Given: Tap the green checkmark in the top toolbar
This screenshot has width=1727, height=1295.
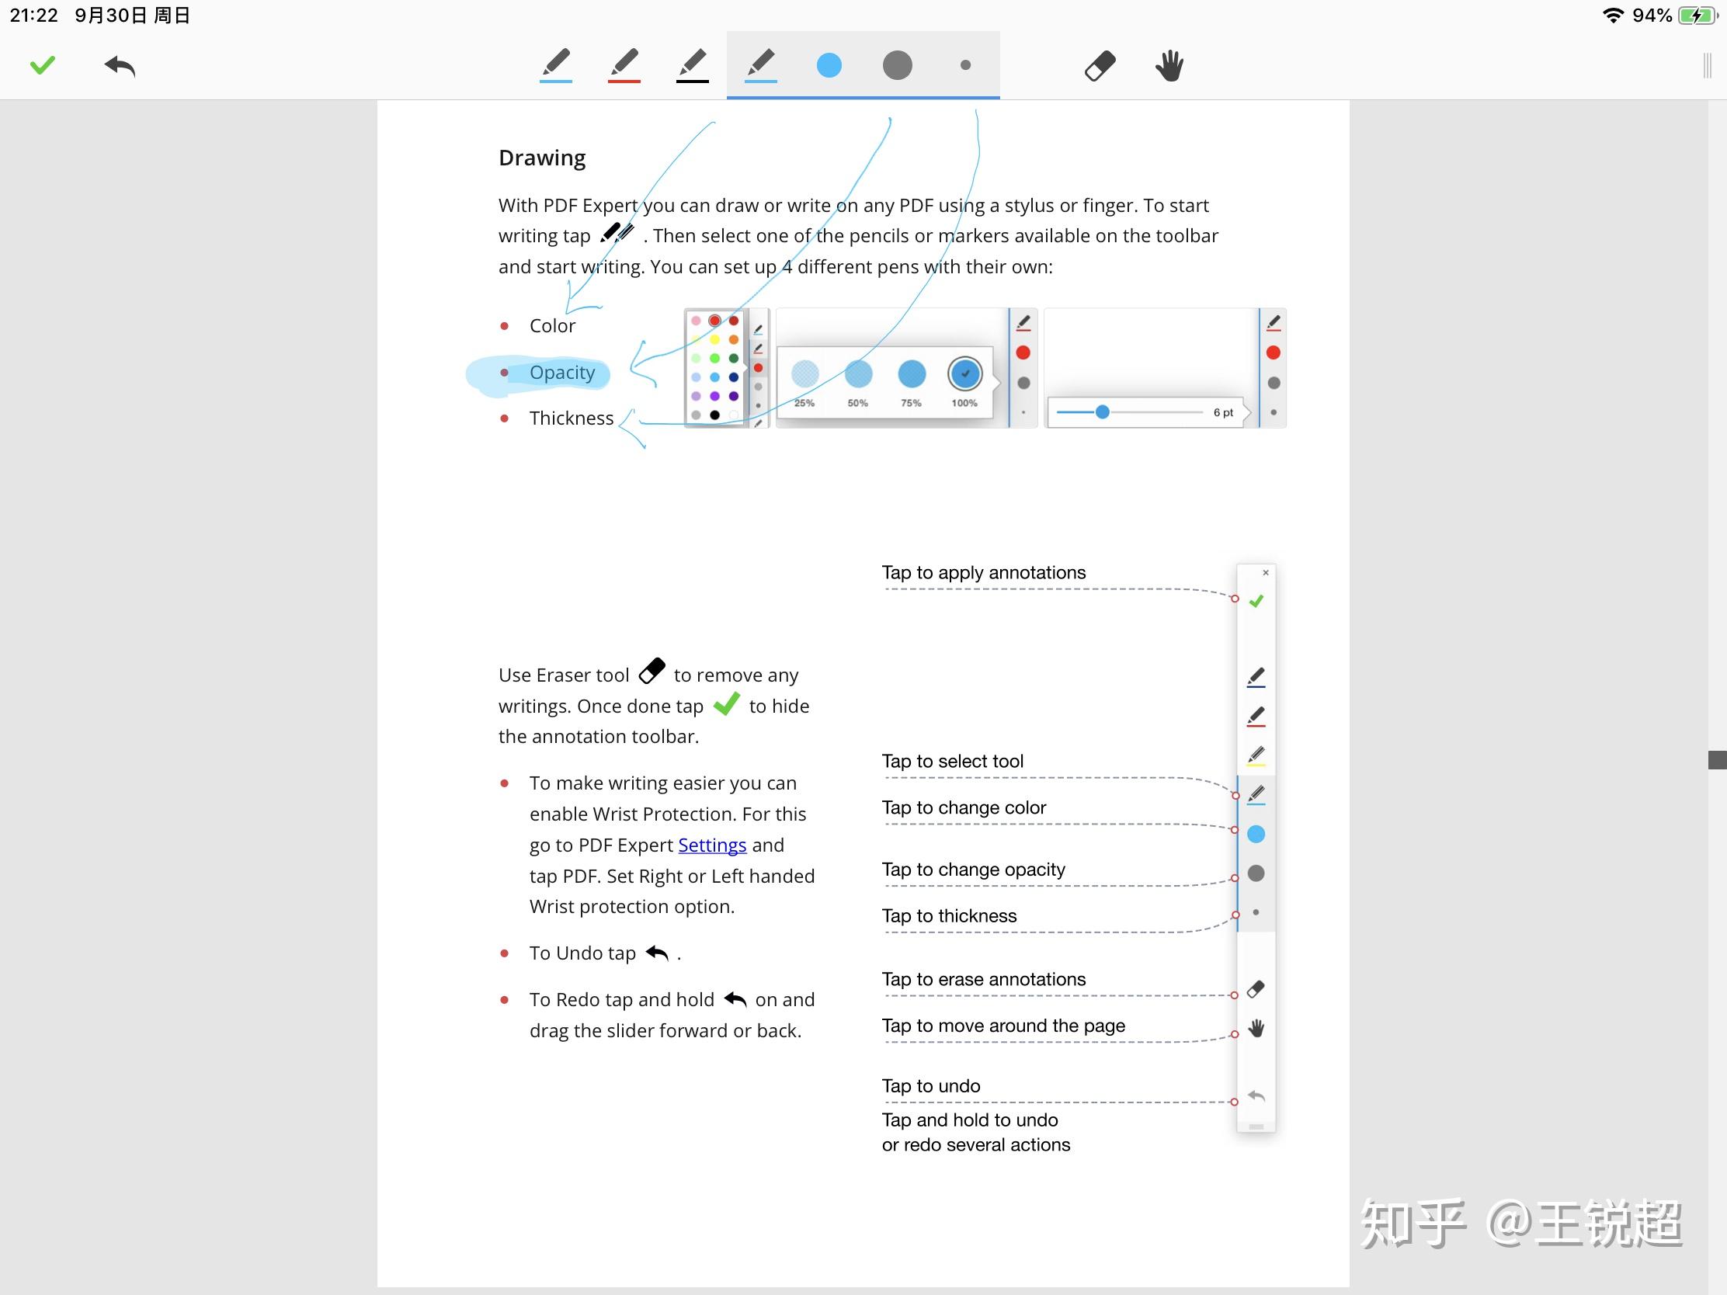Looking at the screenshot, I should point(43,64).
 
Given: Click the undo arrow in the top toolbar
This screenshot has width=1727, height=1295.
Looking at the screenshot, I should point(120,66).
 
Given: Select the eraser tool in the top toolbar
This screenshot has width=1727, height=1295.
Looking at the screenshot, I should point(1100,66).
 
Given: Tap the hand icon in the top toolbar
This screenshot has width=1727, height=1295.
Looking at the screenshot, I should point(1169,66).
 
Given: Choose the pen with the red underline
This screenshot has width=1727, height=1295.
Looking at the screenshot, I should point(624,64).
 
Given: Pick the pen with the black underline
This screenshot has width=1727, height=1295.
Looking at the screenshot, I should point(693,64).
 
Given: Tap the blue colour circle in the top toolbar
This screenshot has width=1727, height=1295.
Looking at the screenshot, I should point(829,65).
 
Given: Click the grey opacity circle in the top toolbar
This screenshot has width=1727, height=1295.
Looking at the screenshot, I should point(897,65).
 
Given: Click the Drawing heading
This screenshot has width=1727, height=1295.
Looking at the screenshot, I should point(542,158).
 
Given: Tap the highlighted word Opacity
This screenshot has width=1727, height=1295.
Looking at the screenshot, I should point(562,373).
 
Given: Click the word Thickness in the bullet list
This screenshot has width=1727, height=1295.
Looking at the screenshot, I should point(572,418).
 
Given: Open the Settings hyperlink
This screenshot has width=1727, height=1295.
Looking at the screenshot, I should point(712,845).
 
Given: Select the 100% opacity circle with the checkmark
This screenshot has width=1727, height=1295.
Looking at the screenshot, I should point(965,374).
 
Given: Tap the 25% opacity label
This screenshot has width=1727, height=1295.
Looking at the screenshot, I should point(804,404).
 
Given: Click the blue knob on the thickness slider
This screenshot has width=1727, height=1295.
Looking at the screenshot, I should point(1103,412).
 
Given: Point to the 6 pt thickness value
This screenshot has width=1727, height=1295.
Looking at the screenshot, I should point(1222,413).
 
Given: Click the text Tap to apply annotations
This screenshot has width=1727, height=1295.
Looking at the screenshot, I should point(984,573).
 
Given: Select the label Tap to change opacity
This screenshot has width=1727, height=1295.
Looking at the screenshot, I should point(974,870).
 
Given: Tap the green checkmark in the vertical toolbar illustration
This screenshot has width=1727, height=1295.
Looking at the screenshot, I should point(1256,601).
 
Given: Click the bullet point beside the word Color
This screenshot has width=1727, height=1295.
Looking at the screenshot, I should point(505,326).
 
